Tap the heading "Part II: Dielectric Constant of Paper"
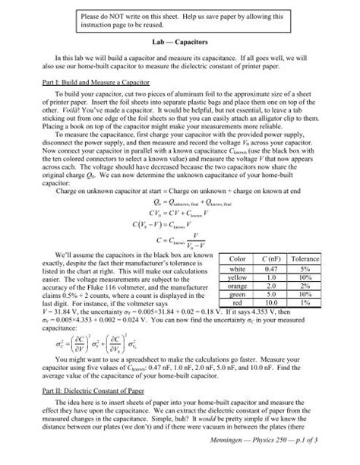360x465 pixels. click(78, 384)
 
